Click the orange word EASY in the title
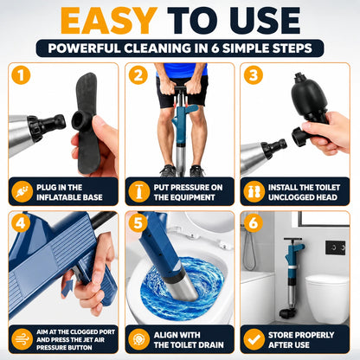(x=109, y=21)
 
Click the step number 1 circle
(x=21, y=75)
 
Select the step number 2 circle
(x=138, y=75)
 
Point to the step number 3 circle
(x=254, y=75)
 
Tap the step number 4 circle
(x=21, y=223)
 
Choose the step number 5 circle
(x=138, y=223)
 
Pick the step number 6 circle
(x=254, y=223)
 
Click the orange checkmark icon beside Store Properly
(x=254, y=339)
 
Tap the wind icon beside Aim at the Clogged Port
(x=22, y=339)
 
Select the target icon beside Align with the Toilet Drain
(x=138, y=339)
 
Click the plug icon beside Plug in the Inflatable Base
(x=22, y=191)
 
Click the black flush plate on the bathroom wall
(x=335, y=247)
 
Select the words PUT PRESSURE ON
(x=188, y=188)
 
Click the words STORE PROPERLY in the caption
(x=301, y=335)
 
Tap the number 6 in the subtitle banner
(x=215, y=48)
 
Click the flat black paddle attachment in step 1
(x=87, y=123)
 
